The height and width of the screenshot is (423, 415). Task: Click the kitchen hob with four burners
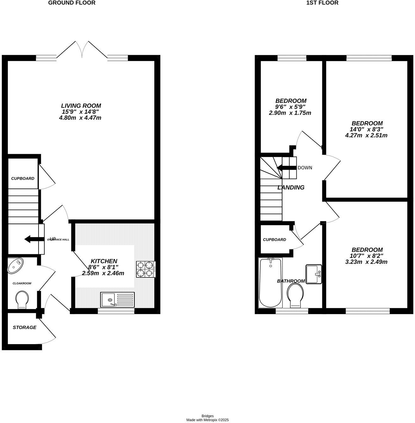pyautogui.click(x=146, y=269)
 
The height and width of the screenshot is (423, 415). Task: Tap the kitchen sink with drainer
pyautogui.click(x=117, y=300)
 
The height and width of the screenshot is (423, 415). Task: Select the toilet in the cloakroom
pyautogui.click(x=22, y=299)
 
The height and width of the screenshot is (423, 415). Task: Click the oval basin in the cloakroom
pyautogui.click(x=15, y=265)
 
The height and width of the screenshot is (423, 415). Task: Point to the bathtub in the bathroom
pyautogui.click(x=270, y=283)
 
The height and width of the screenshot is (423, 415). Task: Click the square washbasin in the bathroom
pyautogui.click(x=313, y=274)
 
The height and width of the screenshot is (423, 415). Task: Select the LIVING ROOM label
pyautogui.click(x=81, y=106)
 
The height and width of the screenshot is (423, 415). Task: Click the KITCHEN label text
pyautogui.click(x=104, y=261)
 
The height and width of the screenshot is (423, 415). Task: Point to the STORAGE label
pyautogui.click(x=24, y=327)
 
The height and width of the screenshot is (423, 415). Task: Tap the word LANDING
pyautogui.click(x=291, y=187)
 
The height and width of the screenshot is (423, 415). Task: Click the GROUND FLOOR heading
pyautogui.click(x=71, y=3)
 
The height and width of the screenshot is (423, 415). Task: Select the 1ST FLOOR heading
pyautogui.click(x=322, y=3)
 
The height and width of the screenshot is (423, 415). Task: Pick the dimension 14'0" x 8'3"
pyautogui.click(x=367, y=129)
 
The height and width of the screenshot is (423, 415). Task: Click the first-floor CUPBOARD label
pyautogui.click(x=274, y=240)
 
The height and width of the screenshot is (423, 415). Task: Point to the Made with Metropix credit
pyautogui.click(x=207, y=420)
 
